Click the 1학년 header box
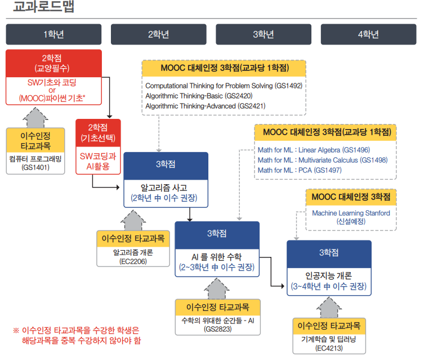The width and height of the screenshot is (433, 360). (x=53, y=34)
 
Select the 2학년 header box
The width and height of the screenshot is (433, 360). (x=159, y=34)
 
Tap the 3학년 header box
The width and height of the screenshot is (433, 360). (x=264, y=34)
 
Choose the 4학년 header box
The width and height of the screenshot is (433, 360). (x=368, y=34)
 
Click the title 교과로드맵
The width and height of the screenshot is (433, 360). (x=43, y=6)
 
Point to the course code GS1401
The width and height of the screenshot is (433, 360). (x=35, y=167)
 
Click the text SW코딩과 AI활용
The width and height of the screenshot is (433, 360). (x=98, y=161)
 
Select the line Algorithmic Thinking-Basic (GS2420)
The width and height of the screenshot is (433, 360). (x=199, y=96)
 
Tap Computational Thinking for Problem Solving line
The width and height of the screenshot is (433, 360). (x=224, y=86)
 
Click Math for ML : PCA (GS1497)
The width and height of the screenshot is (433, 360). (x=300, y=170)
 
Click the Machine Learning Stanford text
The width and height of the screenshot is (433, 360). (x=351, y=213)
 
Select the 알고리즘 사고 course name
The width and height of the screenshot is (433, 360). (x=164, y=188)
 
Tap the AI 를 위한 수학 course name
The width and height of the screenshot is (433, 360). (x=217, y=257)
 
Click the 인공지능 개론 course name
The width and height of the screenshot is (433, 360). (x=329, y=275)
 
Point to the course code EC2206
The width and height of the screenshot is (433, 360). (x=133, y=261)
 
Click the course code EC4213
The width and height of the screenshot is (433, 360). (x=329, y=348)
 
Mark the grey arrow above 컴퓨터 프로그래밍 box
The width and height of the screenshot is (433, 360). (x=35, y=118)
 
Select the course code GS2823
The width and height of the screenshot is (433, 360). (x=218, y=329)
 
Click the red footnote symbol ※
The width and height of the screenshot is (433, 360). (x=16, y=331)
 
